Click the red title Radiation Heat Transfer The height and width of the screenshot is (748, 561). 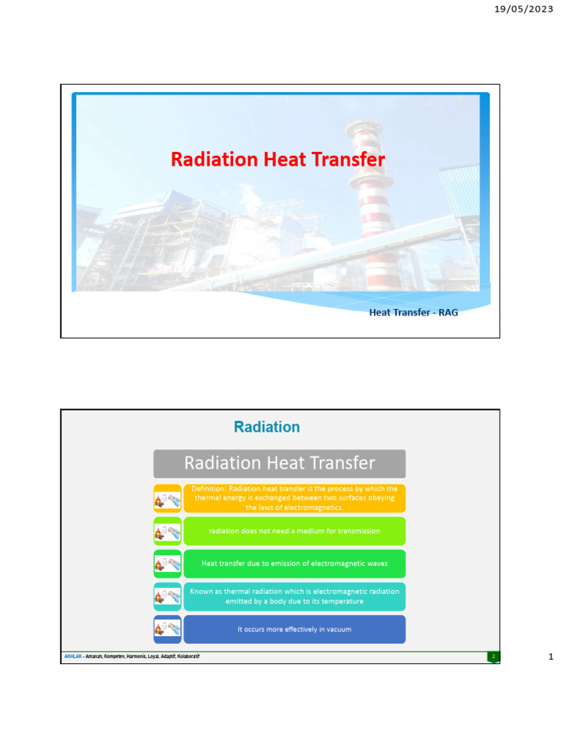[x=278, y=159]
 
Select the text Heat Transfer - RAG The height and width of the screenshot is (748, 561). [x=413, y=313]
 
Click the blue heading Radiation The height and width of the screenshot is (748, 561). [x=267, y=427]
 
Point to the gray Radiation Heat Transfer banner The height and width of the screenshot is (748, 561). [x=279, y=463]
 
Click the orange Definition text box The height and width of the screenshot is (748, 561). [x=294, y=498]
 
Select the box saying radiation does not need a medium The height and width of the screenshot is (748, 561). [x=294, y=531]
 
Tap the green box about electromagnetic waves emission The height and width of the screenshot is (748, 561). [x=294, y=564]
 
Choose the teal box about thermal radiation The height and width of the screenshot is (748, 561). [x=294, y=596]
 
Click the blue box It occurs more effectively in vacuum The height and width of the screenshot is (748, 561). [x=294, y=629]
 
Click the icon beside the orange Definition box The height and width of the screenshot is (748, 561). [x=167, y=499]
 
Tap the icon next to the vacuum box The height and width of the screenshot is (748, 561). [x=167, y=629]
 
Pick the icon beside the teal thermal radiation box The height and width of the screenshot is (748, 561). [x=167, y=597]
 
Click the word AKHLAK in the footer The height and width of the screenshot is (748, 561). [x=72, y=657]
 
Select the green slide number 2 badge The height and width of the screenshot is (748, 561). [x=493, y=657]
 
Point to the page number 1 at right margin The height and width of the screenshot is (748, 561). [x=551, y=657]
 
